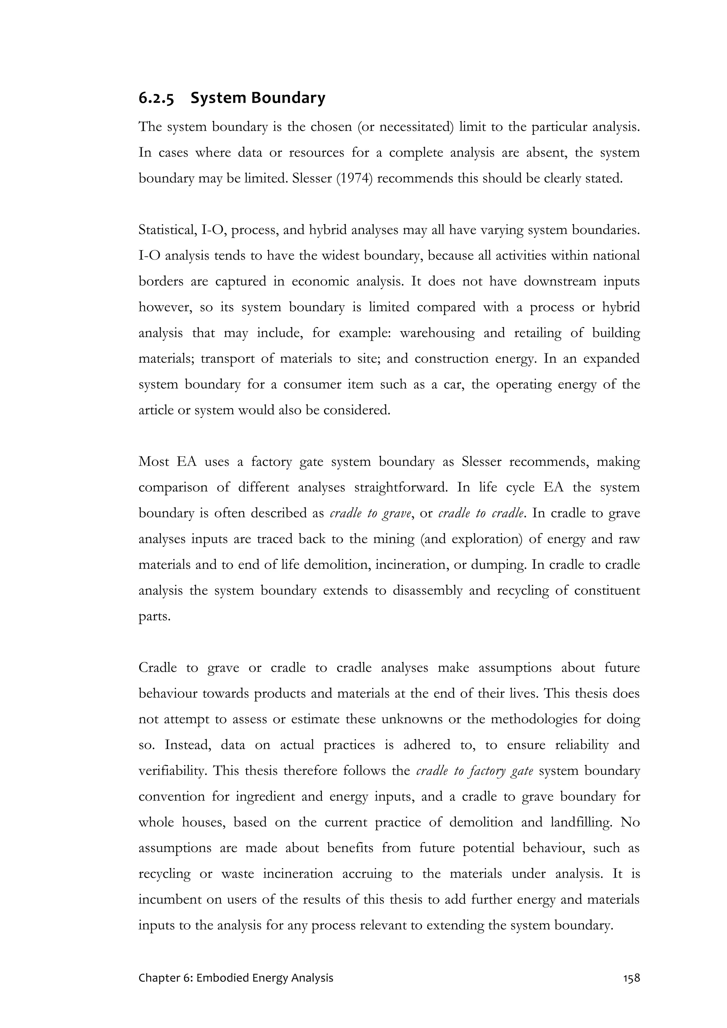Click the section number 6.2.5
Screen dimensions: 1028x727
156,98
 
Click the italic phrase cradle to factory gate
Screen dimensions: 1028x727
474,770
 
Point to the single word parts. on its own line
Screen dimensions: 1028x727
154,616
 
